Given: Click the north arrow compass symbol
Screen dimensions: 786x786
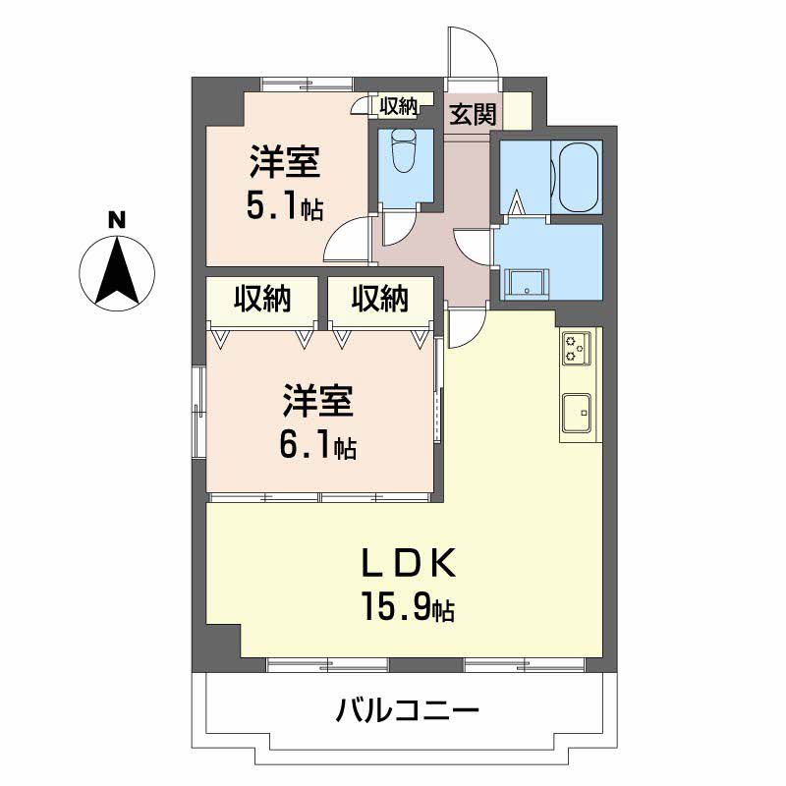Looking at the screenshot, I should [116, 270].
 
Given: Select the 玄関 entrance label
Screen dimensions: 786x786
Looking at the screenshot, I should [473, 114].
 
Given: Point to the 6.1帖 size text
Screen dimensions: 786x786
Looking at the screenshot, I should [316, 447].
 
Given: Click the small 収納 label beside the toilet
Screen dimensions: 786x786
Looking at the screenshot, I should [399, 106].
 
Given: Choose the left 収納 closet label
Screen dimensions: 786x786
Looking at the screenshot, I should [262, 299].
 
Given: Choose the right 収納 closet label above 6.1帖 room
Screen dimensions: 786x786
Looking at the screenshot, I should [380, 299].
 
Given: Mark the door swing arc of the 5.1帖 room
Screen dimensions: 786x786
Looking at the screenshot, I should [347, 241].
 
